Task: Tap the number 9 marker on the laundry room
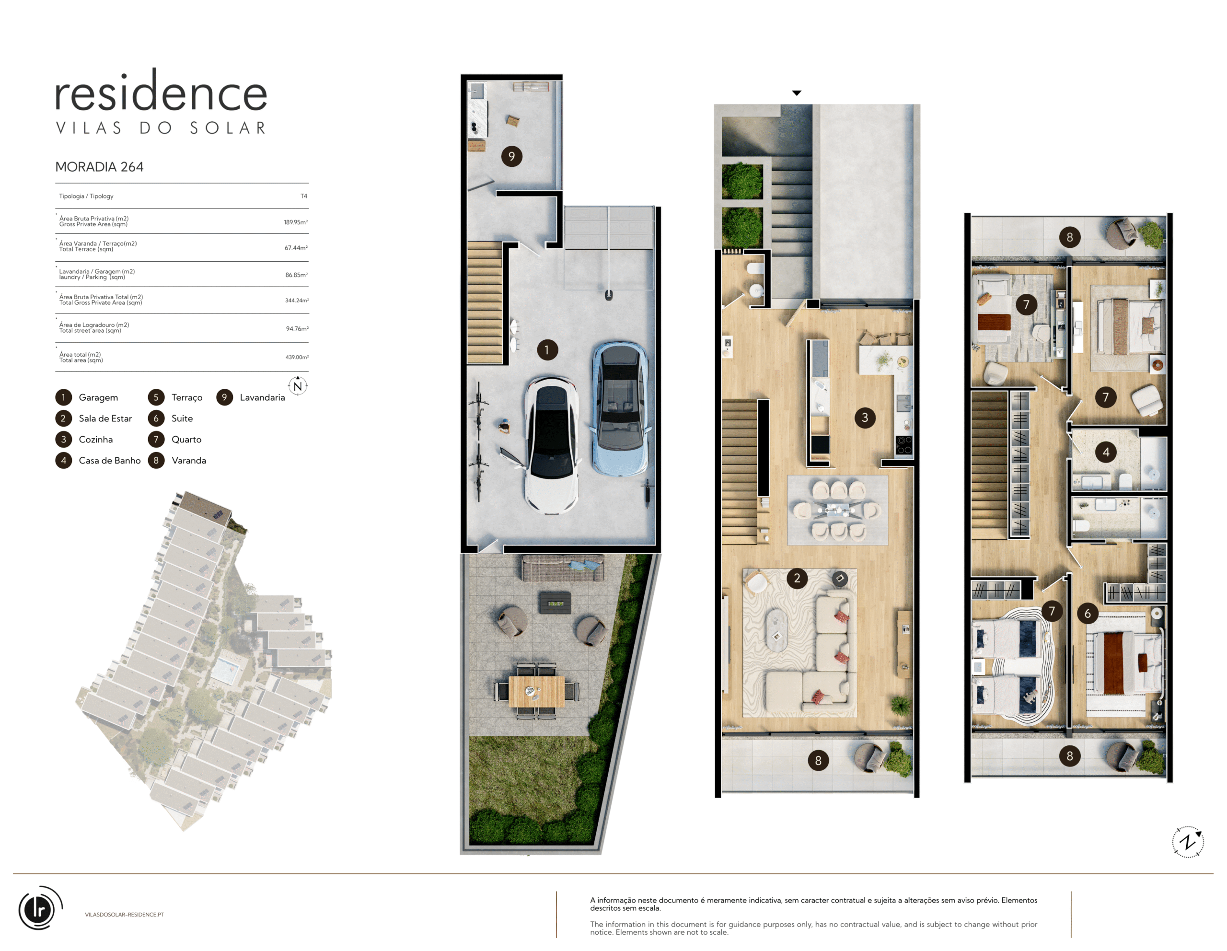coord(511,156)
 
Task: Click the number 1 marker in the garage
coord(547,350)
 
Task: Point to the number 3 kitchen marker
coord(865,418)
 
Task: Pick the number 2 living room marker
coord(797,578)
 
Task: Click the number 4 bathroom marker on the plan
coord(1106,452)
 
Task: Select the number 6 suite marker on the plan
coord(1088,614)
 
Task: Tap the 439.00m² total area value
coord(297,357)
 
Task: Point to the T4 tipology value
coord(304,196)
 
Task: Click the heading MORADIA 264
coord(99,167)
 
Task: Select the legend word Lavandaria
coord(262,398)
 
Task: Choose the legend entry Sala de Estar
coord(105,418)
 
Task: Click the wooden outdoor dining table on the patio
coord(536,691)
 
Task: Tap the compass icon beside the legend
coord(298,386)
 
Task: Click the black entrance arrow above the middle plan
coord(797,93)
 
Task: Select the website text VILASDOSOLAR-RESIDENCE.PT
coord(124,915)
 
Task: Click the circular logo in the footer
coord(39,908)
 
